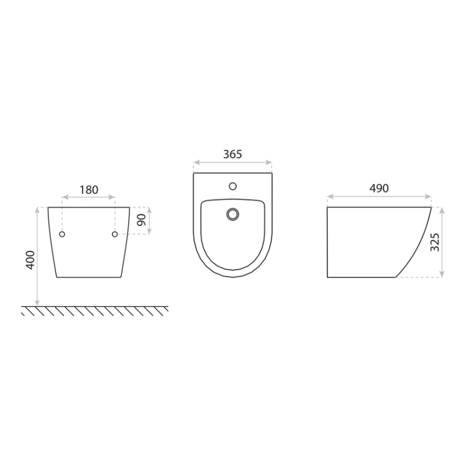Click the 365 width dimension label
pos(232,154)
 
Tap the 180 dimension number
pos(89,190)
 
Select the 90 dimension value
pos(142,219)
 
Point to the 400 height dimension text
pos(30,260)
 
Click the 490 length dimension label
pos(379,188)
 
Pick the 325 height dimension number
pos(435,242)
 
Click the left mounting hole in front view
pos(62,234)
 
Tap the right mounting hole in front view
pos(115,234)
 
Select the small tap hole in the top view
pos(233,186)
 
